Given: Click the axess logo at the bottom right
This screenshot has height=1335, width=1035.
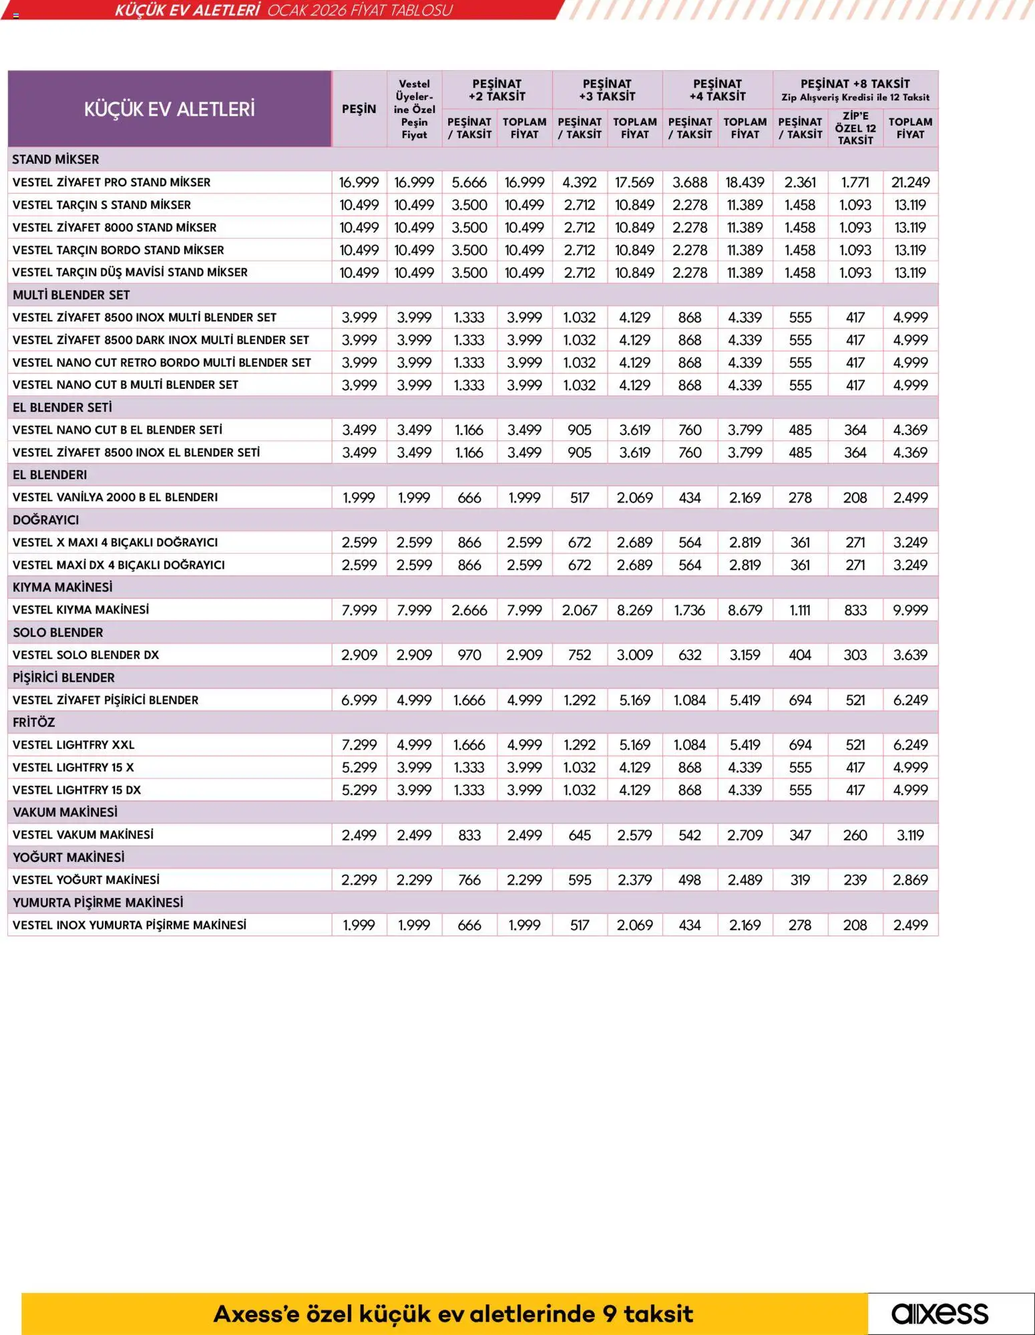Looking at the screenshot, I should [940, 1314].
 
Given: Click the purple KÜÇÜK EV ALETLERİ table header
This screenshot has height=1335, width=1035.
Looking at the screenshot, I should [169, 109].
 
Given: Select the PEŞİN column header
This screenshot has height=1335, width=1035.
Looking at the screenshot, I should [359, 109].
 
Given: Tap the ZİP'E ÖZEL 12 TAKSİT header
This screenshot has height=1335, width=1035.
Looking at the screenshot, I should [855, 128].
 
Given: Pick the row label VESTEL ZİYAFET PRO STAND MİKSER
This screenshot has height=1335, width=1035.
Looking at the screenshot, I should [112, 182].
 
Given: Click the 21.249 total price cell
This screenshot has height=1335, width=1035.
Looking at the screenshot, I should [910, 182].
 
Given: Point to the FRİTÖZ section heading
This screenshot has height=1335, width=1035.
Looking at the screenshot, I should [34, 722].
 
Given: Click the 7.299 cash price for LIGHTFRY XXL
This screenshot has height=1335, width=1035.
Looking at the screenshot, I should [359, 745].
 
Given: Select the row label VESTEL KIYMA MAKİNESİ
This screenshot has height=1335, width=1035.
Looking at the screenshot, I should [81, 610].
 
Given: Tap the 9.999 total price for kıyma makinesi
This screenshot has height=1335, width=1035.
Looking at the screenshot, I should [910, 610].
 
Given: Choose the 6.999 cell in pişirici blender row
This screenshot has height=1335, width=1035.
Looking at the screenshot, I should [359, 700].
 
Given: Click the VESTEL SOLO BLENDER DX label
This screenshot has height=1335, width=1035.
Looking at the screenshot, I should [86, 655].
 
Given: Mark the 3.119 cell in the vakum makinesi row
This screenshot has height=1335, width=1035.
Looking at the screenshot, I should [910, 835].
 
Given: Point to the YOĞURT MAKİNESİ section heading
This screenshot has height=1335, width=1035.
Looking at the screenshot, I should [69, 857].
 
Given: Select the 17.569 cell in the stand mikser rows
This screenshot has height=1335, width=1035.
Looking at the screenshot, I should [634, 182].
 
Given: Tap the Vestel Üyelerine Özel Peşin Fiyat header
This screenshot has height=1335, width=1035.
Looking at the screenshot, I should [414, 109].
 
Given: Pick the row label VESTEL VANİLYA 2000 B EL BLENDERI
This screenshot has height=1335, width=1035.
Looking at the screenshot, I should [116, 498].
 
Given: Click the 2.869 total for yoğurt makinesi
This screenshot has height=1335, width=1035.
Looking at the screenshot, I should [910, 880].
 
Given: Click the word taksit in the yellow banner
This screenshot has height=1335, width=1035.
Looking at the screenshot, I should [658, 1314].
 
